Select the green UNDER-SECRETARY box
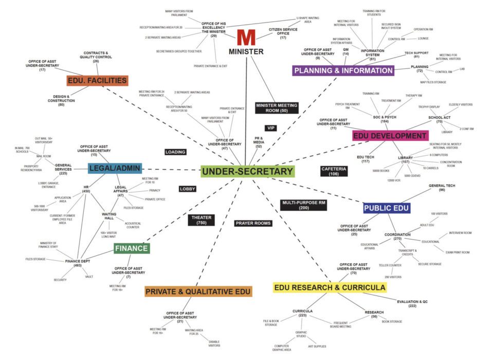click(247, 172)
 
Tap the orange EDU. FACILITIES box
click(97, 81)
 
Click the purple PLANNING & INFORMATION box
click(343, 70)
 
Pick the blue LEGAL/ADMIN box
click(115, 169)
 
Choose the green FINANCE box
click(132, 249)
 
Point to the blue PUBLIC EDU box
click(386, 208)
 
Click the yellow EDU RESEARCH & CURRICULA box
click(330, 287)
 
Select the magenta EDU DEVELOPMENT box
click(390, 136)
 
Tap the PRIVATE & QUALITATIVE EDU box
click(198, 292)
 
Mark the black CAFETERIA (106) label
click(334, 171)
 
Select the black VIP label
click(271, 128)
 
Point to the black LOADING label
click(175, 152)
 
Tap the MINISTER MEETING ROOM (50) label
click(276, 108)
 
